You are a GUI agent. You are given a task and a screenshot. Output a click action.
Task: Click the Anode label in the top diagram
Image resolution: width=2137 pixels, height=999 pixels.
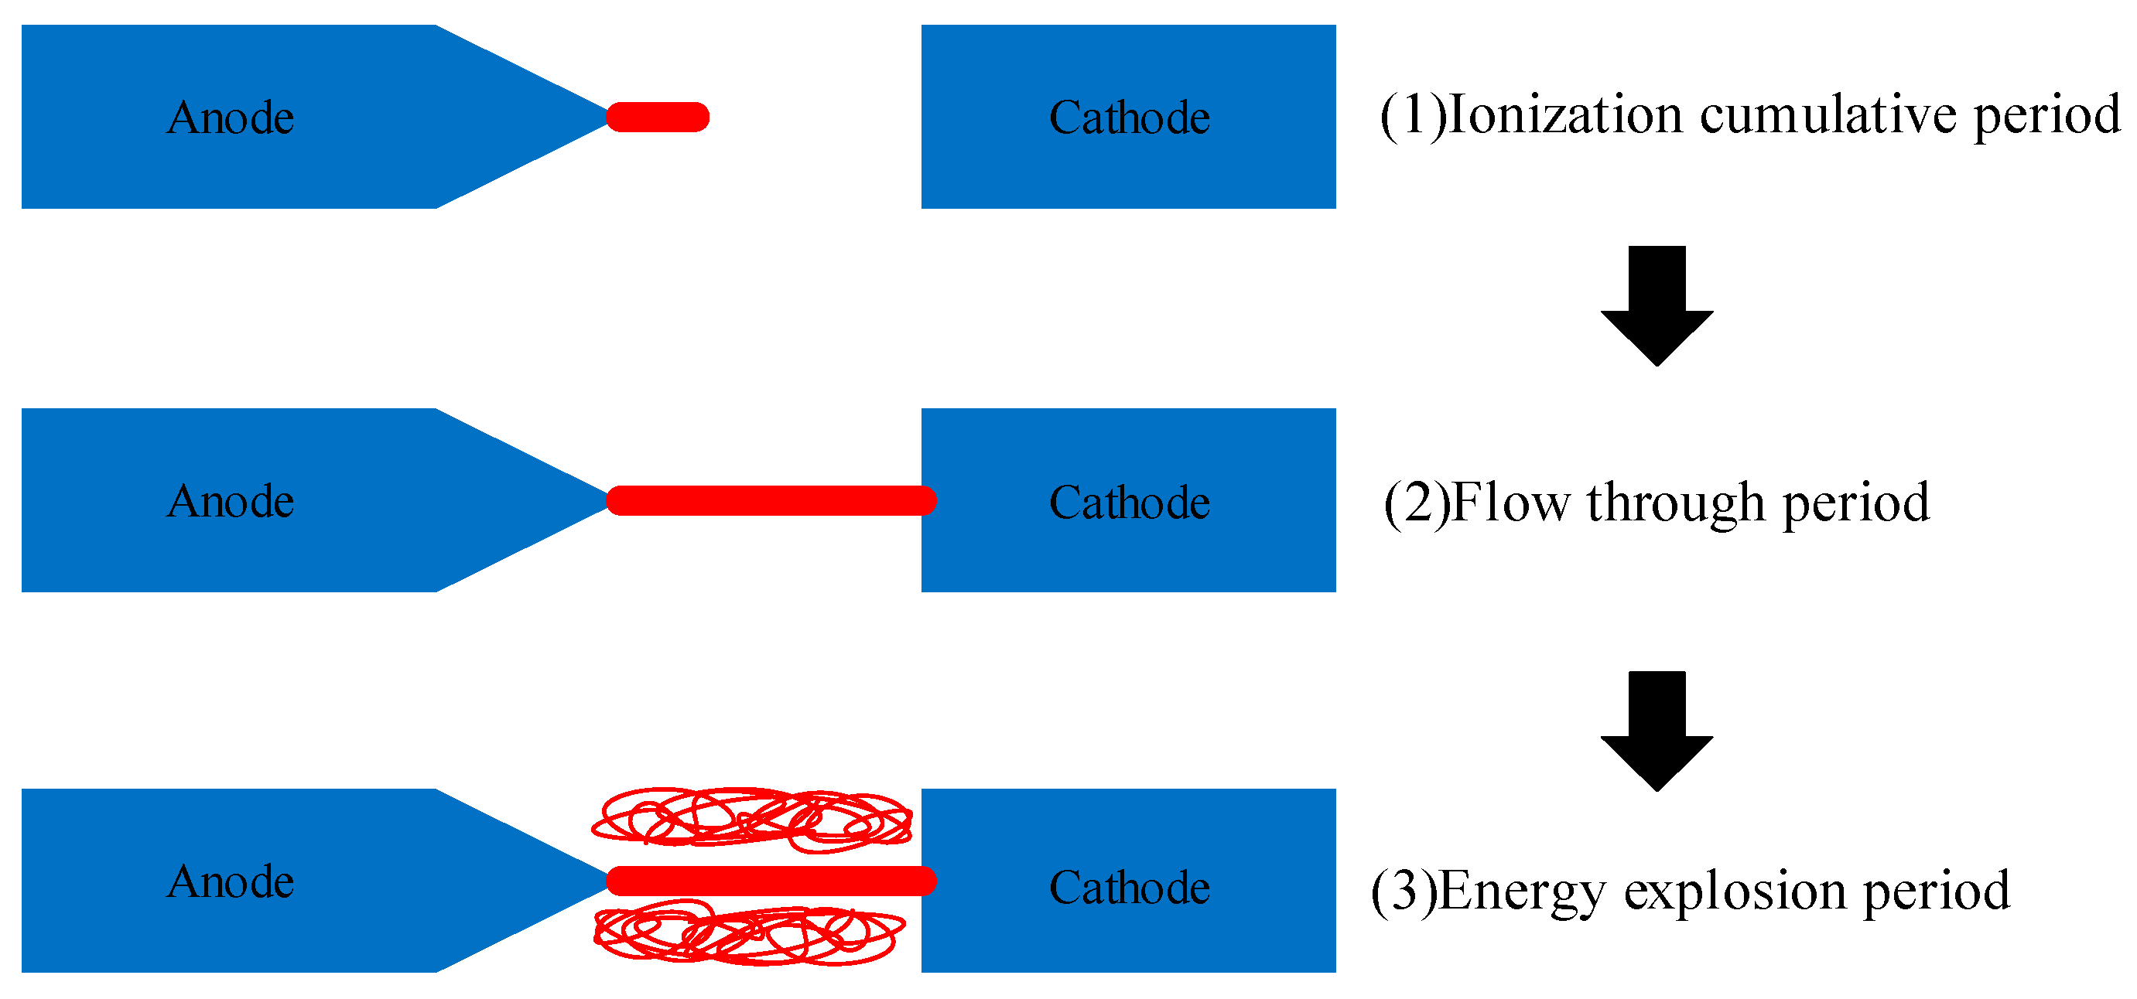(231, 117)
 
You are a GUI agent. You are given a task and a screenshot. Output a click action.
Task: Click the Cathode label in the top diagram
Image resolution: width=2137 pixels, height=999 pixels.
(1129, 117)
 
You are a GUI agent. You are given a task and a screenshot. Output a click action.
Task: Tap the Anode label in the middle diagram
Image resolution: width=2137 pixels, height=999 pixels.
(231, 501)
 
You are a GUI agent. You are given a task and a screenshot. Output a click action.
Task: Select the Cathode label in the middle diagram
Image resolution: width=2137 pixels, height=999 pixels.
(1129, 502)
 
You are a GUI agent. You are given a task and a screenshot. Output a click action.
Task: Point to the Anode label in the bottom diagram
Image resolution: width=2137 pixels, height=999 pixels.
(231, 881)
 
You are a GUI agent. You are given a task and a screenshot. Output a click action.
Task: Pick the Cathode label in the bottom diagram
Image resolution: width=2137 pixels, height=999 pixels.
(1129, 887)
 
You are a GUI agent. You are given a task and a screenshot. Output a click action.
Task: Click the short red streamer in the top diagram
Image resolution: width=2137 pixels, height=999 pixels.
(658, 117)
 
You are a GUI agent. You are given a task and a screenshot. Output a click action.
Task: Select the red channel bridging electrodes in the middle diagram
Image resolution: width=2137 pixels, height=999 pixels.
(771, 501)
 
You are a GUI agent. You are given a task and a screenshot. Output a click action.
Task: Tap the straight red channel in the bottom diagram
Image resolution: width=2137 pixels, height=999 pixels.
(771, 881)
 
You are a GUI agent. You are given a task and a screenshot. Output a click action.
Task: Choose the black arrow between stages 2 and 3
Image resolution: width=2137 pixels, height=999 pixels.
(1657, 731)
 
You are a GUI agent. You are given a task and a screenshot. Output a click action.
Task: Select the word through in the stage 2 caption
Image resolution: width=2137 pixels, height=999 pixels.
(1676, 503)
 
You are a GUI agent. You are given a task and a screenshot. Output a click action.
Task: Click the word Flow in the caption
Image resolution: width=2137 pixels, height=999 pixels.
(1510, 503)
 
